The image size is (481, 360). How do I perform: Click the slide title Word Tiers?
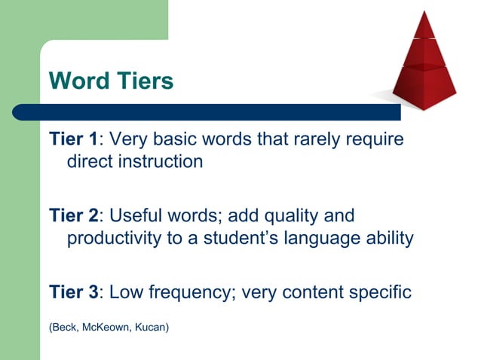tap(111, 81)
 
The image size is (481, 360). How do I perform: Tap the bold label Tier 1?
tap(73, 139)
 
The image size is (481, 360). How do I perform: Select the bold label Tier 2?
tap(73, 215)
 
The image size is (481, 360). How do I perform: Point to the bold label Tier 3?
tap(73, 291)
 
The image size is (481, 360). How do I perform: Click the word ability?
tap(387, 238)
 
